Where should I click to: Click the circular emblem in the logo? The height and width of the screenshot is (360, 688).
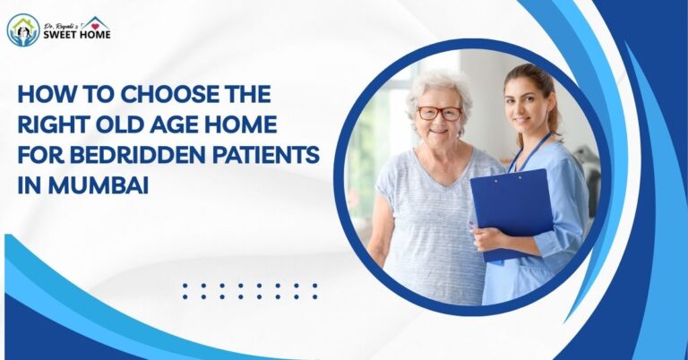tap(23, 30)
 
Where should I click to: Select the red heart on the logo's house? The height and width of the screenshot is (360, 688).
tap(94, 22)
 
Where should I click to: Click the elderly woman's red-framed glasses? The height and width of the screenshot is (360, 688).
tap(439, 114)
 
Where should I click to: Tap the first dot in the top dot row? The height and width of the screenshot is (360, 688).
tap(185, 286)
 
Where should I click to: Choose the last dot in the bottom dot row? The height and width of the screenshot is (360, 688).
tap(314, 296)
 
